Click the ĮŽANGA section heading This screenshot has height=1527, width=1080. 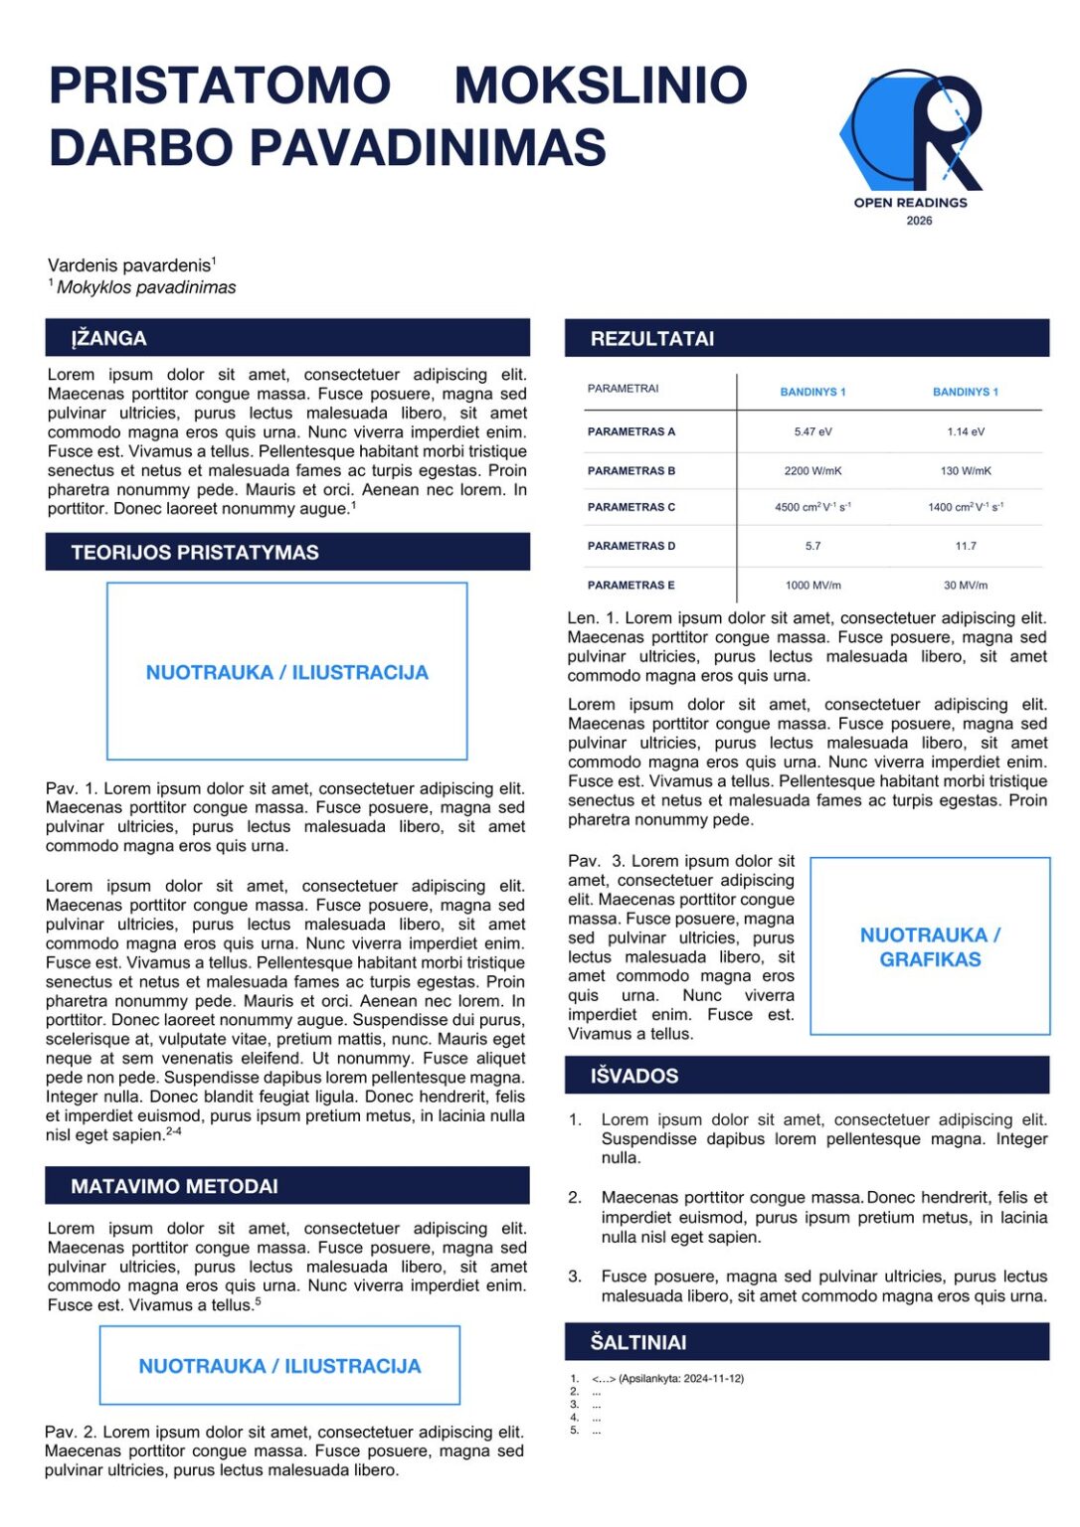pyautogui.click(x=108, y=338)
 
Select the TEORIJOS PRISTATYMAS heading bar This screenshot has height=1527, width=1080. pyautogui.click(x=195, y=553)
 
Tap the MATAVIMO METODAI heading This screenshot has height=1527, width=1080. pyautogui.click(x=174, y=1186)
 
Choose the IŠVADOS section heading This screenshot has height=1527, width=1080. pyautogui.click(x=634, y=1076)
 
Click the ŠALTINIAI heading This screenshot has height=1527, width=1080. pyautogui.click(x=638, y=1342)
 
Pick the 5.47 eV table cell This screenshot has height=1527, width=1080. pyautogui.click(x=812, y=431)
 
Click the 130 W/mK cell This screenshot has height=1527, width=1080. pyautogui.click(x=966, y=471)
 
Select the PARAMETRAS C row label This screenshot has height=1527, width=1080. pyautogui.click(x=631, y=507)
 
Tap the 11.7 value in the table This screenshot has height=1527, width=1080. pyautogui.click(x=966, y=546)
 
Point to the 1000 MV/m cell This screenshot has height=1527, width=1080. pyautogui.click(x=812, y=586)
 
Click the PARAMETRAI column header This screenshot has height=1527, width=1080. pyautogui.click(x=624, y=389)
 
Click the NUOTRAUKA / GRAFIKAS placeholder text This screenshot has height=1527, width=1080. pyautogui.click(x=930, y=947)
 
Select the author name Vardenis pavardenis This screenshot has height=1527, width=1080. pyautogui.click(x=129, y=265)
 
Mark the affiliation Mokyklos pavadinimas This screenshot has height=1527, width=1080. pyautogui.click(x=146, y=287)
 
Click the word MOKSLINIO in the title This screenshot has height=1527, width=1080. pyautogui.click(x=601, y=85)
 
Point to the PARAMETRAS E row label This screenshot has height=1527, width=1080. pyautogui.click(x=631, y=586)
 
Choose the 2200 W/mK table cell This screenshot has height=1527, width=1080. pyautogui.click(x=812, y=471)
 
